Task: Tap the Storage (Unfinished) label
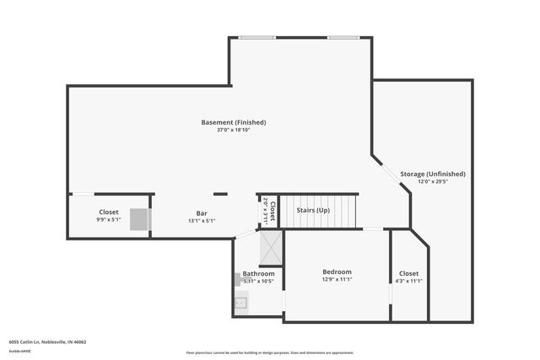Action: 433,174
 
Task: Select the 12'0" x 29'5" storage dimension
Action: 433,180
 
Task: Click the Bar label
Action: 202,213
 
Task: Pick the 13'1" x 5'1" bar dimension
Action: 202,221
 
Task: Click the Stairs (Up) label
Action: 313,209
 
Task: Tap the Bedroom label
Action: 337,271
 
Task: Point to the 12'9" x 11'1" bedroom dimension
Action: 337,279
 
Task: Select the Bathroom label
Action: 258,273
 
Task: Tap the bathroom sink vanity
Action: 240,302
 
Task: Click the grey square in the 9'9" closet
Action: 139,219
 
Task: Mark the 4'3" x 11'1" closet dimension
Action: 408,281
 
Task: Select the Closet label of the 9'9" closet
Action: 109,212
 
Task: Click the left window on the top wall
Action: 251,37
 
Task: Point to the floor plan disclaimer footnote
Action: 270,352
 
